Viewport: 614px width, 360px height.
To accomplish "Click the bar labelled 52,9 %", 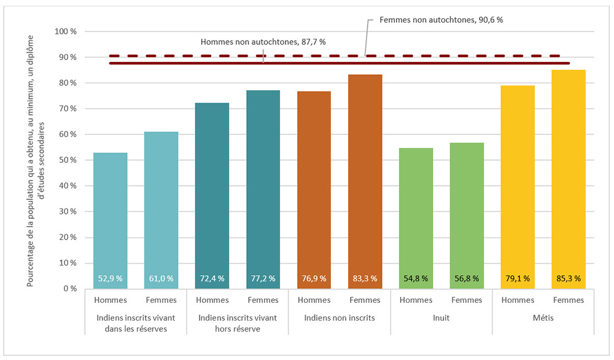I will (111, 221).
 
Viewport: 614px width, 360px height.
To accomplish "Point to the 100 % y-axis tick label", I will (66, 31).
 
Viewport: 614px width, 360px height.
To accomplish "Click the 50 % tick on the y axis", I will (68, 160).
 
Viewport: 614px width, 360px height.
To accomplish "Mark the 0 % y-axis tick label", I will (70, 288).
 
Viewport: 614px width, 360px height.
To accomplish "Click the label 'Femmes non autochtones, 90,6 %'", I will (441, 20).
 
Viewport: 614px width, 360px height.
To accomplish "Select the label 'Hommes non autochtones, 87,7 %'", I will (263, 42).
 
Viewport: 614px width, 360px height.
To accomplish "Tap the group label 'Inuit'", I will (441, 318).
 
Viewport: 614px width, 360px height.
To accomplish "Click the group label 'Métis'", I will (543, 318).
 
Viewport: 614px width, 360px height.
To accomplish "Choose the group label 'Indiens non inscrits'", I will (339, 318).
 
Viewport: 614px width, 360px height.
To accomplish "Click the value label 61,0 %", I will (161, 278).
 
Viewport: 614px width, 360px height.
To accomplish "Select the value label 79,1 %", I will (518, 278).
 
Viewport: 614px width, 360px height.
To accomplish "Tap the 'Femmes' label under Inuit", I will (467, 300).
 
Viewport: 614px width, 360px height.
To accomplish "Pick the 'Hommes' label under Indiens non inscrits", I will (314, 300).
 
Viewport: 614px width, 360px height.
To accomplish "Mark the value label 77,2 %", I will (263, 278).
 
